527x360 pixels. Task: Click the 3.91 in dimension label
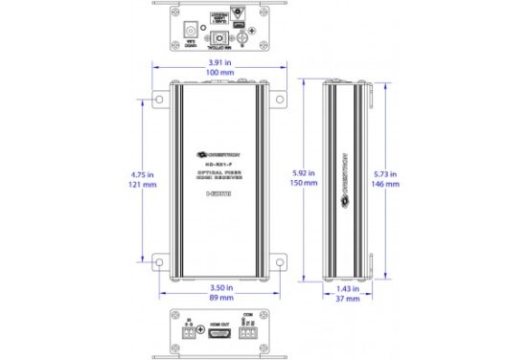point(221,59)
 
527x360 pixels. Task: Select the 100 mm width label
point(221,73)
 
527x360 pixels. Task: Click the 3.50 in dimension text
point(221,285)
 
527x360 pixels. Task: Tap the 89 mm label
point(221,298)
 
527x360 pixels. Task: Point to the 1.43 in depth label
point(348,287)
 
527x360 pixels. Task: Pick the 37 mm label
point(348,299)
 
